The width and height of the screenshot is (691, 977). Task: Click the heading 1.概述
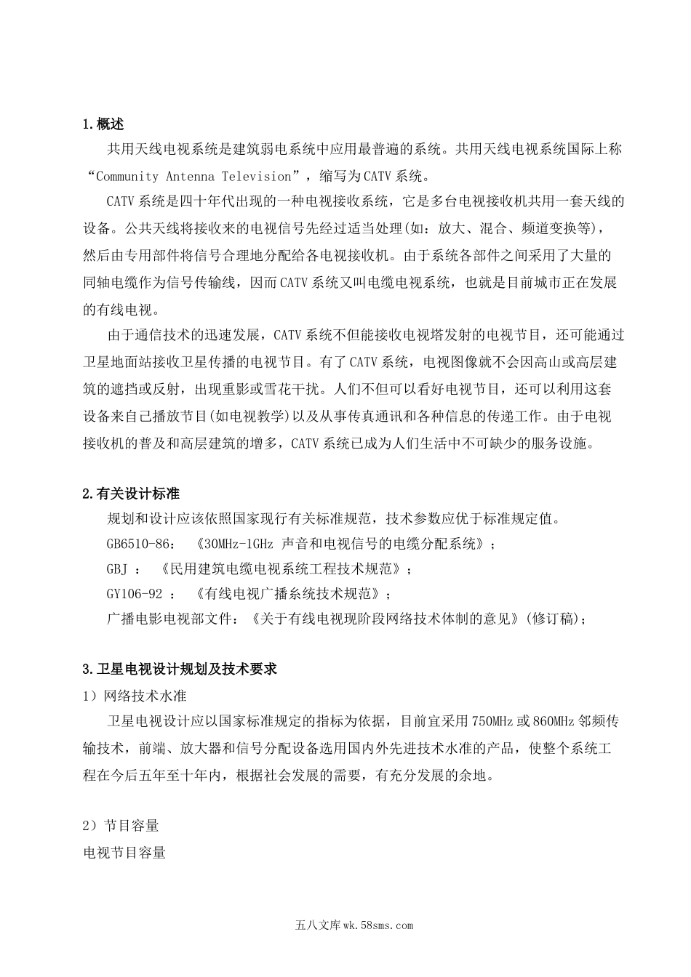pyautogui.click(x=104, y=125)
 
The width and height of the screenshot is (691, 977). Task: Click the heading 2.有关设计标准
pyautogui.click(x=131, y=494)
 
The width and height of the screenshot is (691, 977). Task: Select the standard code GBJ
pyautogui.click(x=117, y=568)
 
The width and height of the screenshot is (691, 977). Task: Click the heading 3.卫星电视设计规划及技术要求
pyautogui.click(x=180, y=670)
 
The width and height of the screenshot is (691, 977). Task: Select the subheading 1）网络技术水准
pyautogui.click(x=135, y=696)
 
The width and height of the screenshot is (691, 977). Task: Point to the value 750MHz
pyautogui.click(x=492, y=722)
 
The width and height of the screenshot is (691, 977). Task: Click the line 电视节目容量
pyautogui.click(x=125, y=852)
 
